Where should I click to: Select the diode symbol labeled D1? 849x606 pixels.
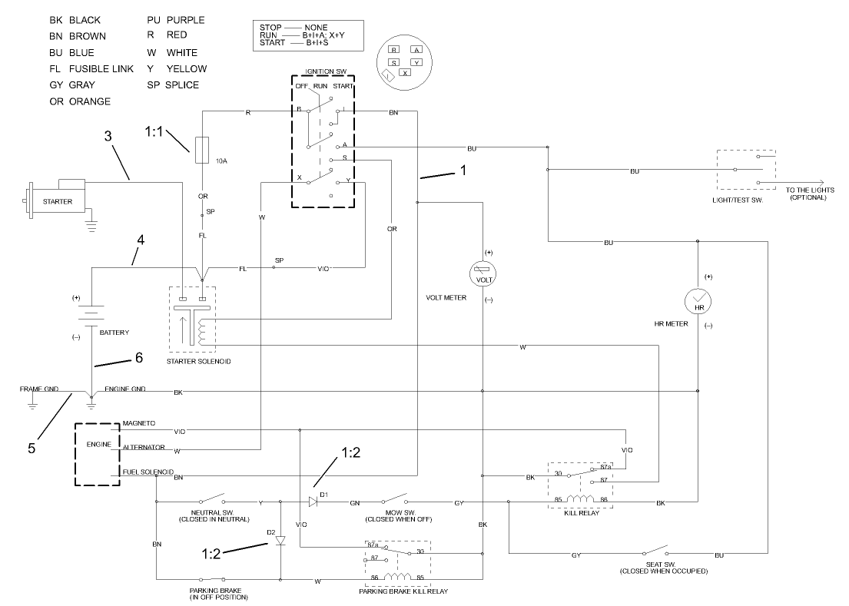(x=313, y=502)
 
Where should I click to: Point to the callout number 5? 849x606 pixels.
(x=32, y=448)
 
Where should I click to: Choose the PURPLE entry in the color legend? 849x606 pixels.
(x=185, y=19)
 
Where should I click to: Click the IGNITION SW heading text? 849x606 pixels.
(x=322, y=71)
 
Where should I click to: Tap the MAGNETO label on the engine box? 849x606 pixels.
(x=139, y=422)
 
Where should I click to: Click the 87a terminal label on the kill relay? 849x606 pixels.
(x=605, y=466)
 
